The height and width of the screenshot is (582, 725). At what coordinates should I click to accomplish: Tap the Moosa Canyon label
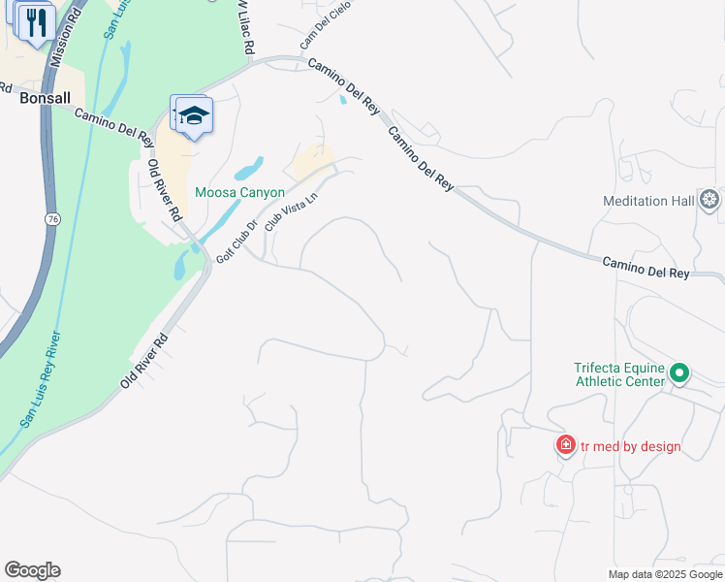[239, 192]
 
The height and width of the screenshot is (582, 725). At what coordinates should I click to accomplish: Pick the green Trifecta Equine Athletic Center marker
[679, 372]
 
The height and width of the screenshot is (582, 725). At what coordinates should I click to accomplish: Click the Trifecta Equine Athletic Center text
[619, 374]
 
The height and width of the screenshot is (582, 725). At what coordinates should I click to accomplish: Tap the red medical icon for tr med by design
[565, 446]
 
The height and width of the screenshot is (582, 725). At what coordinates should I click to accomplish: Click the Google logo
[32, 570]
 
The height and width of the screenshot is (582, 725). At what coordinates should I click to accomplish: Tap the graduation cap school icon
[194, 115]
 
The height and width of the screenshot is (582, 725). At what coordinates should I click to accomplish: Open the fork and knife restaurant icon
[37, 21]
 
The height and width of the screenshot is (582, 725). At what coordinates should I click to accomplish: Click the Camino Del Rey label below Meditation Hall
[646, 269]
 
